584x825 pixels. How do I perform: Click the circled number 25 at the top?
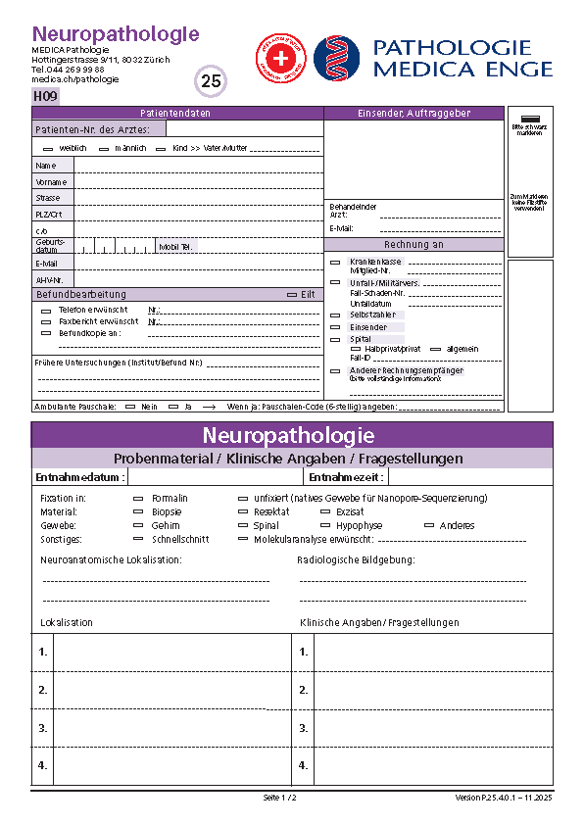click(x=212, y=81)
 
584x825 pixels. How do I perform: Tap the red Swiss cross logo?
click(x=280, y=58)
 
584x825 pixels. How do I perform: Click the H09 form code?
click(x=45, y=96)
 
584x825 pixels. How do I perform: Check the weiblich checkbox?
click(x=48, y=148)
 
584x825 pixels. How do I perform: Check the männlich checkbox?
click(x=104, y=148)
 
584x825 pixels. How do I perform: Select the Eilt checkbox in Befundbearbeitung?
click(x=291, y=294)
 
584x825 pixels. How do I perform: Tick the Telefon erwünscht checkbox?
click(x=46, y=310)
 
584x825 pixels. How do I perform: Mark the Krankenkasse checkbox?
click(x=335, y=262)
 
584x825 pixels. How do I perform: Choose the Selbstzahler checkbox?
click(x=335, y=315)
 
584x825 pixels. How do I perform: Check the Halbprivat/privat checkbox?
click(x=356, y=349)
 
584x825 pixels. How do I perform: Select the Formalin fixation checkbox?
click(x=137, y=498)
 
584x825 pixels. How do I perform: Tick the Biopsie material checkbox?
click(x=137, y=511)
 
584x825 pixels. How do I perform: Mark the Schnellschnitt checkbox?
click(x=137, y=539)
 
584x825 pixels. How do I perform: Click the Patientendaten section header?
click(x=176, y=113)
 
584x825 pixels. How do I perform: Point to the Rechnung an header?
click(x=414, y=244)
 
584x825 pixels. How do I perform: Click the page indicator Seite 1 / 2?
click(x=280, y=798)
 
